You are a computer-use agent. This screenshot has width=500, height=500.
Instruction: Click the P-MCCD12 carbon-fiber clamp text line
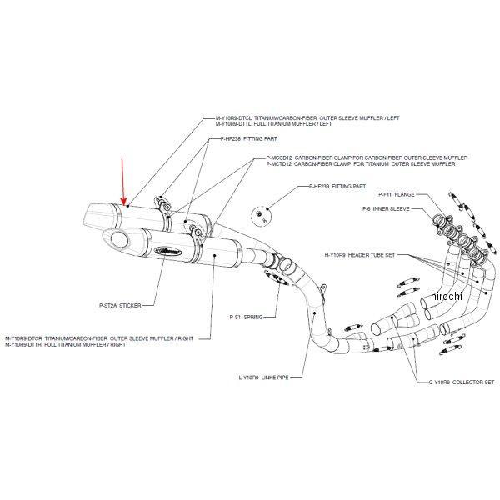click(x=367, y=157)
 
